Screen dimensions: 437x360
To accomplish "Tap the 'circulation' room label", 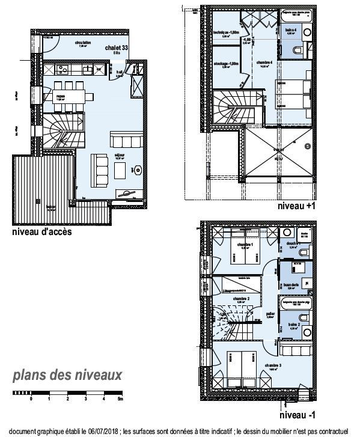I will [x=83, y=43].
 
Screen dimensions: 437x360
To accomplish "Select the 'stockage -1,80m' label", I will [x=227, y=63].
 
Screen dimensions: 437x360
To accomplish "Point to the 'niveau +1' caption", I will [x=292, y=206].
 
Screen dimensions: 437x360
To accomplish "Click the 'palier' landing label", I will [x=270, y=314].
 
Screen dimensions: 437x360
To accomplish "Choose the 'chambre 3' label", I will [x=271, y=365].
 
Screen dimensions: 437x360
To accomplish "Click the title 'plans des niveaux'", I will [x=68, y=376].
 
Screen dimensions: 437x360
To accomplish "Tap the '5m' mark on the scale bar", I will [x=121, y=399].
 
